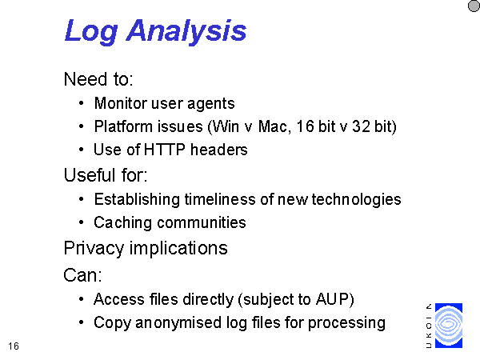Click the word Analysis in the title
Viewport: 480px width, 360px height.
click(186, 31)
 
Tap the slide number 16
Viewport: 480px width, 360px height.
click(14, 346)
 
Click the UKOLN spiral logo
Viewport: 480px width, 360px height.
click(449, 326)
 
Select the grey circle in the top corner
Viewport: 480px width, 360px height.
click(474, 6)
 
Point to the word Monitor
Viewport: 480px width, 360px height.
click(121, 103)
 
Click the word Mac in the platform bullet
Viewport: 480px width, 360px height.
click(273, 126)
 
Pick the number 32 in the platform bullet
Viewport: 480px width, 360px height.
click(361, 126)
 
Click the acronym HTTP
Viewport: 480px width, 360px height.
click(164, 150)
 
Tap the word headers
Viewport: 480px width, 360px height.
click(218, 150)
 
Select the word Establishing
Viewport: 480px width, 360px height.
click(137, 200)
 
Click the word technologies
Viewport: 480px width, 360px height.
click(356, 200)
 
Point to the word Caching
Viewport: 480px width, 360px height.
click(122, 223)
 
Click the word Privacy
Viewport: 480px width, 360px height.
click(94, 248)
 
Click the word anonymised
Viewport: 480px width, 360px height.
click(178, 322)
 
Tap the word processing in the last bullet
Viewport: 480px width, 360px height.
click(346, 323)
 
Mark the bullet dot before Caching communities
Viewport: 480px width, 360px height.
click(81, 222)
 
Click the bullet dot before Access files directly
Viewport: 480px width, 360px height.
click(81, 299)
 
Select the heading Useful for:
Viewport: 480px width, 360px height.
click(106, 175)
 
